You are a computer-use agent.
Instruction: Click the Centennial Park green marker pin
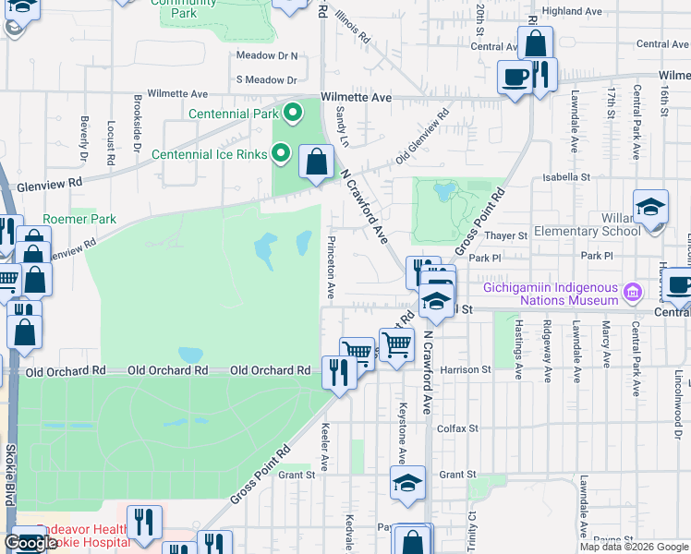point(294,114)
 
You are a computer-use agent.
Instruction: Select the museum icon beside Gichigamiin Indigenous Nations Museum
point(633,294)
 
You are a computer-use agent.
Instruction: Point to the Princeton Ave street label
point(330,266)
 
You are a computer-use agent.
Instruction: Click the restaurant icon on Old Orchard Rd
point(339,373)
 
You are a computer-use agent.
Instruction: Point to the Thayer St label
point(507,235)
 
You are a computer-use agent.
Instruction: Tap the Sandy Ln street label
point(343,126)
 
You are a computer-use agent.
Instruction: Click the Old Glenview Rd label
point(422,134)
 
